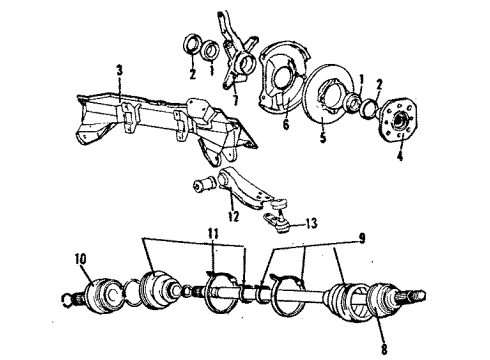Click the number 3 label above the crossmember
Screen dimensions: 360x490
[119, 70]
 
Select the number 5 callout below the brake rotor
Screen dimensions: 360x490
[322, 139]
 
